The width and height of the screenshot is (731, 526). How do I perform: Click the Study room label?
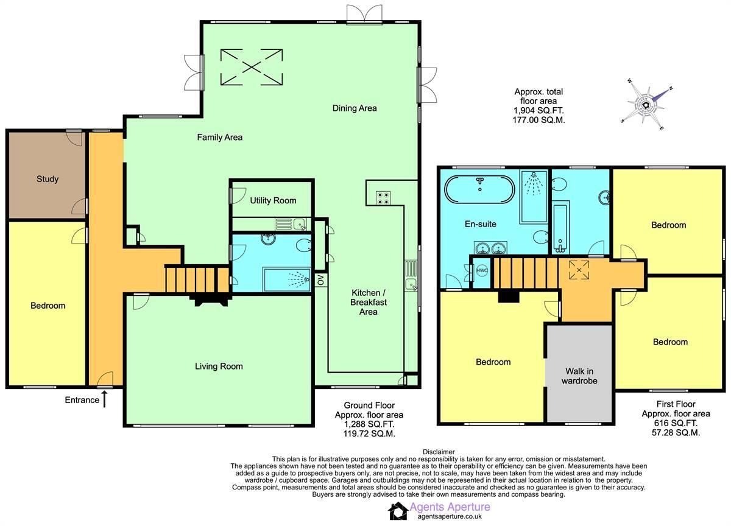[x=48, y=179]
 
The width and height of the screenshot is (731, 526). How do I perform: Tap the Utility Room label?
[x=273, y=200]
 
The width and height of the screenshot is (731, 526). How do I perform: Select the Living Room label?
[x=219, y=366]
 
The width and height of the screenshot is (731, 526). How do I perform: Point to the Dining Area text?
[x=355, y=108]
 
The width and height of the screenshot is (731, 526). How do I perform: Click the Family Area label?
[x=219, y=138]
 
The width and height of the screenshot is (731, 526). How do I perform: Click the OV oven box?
[x=320, y=279]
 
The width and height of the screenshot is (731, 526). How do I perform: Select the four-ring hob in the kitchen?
[x=384, y=197]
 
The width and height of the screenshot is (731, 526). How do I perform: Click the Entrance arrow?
[x=104, y=399]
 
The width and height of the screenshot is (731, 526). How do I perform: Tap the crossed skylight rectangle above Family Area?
[x=252, y=67]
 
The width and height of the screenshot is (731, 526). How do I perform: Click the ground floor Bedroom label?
[x=48, y=306]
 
